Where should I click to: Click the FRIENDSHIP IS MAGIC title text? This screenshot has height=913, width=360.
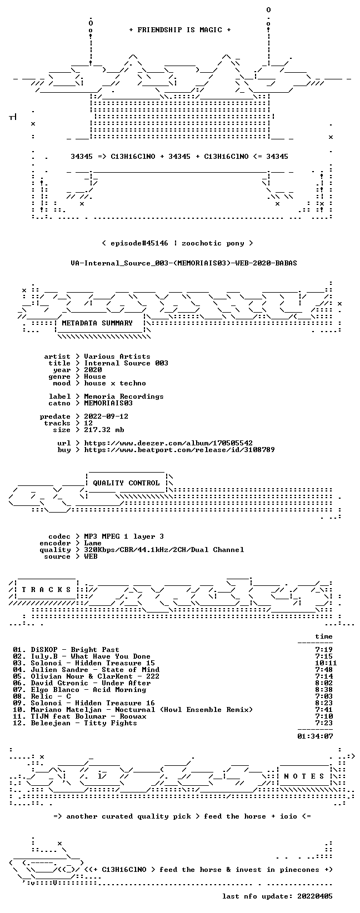(180, 30)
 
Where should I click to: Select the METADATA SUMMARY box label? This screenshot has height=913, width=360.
(97, 323)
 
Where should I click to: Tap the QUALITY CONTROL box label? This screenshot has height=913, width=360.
(126, 483)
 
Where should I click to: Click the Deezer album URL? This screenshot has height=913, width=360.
(168, 443)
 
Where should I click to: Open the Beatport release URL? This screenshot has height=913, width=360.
(179, 450)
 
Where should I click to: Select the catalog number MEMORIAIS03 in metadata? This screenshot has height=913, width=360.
(108, 403)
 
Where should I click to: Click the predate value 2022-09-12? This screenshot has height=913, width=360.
(106, 417)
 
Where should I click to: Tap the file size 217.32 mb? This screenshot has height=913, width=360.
(104, 430)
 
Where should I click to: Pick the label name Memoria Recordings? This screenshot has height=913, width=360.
(123, 396)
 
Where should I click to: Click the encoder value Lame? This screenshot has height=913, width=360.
(93, 543)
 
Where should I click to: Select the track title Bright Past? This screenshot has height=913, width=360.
(95, 650)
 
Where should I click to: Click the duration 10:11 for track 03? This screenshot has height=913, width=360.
(326, 663)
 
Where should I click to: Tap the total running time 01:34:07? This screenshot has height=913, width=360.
(315, 736)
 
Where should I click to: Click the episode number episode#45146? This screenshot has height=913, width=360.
(139, 243)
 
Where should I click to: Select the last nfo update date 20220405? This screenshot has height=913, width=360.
(315, 896)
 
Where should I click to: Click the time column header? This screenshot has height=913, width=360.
(324, 636)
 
